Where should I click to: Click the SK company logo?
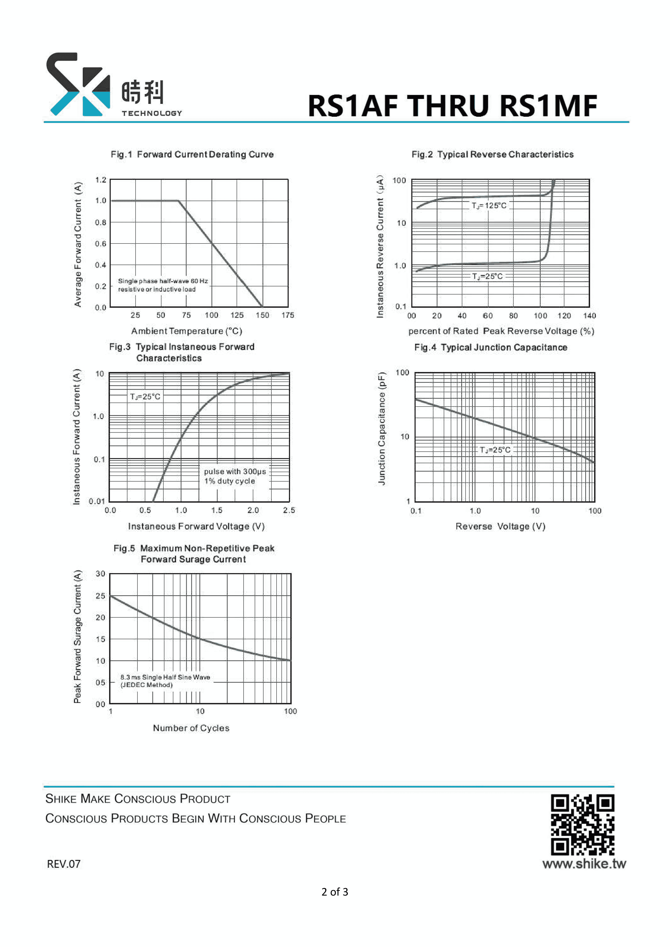pyautogui.click(x=78, y=84)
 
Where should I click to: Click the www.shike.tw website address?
pyautogui.click(x=584, y=863)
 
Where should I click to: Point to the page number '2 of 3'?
pyautogui.click(x=335, y=892)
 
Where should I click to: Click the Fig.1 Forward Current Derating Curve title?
pyautogui.click(x=192, y=154)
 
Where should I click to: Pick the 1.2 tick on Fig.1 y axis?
pyautogui.click(x=101, y=180)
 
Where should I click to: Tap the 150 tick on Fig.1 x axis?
pyautogui.click(x=262, y=315)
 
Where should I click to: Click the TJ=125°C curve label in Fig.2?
pyautogui.click(x=489, y=205)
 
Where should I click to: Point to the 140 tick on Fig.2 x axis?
pyautogui.click(x=589, y=316)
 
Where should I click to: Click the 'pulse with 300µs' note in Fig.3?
pyautogui.click(x=235, y=471)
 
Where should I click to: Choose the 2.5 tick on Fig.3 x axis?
pyautogui.click(x=289, y=510)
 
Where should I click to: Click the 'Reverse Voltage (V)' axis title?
pyautogui.click(x=500, y=526)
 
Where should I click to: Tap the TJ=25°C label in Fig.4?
pyautogui.click(x=495, y=449)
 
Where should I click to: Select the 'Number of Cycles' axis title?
pyautogui.click(x=191, y=728)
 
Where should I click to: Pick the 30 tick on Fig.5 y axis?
pyautogui.click(x=100, y=574)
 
